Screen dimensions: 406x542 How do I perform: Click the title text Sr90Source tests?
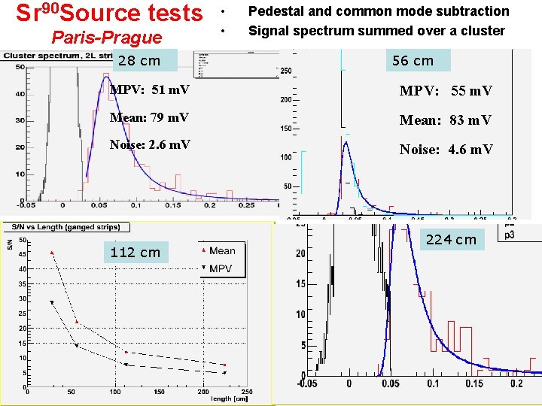[110, 13]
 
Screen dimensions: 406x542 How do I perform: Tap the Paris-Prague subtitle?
[105, 38]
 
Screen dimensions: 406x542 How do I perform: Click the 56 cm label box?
[413, 60]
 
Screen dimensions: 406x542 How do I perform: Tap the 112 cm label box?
[135, 253]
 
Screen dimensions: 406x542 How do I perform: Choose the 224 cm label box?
[451, 240]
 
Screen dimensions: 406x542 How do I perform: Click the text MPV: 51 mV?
[150, 91]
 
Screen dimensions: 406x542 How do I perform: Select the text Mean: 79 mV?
[149, 118]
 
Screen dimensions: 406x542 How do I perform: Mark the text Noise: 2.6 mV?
[150, 144]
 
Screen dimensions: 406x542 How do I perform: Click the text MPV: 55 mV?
[446, 91]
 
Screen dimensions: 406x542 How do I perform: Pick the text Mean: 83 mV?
[445, 120]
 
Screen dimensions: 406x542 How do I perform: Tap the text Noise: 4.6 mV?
[446, 150]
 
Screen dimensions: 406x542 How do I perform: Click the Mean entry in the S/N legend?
[222, 251]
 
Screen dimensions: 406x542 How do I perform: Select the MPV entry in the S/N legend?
[221, 268]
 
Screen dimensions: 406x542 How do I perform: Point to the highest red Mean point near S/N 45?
[52, 253]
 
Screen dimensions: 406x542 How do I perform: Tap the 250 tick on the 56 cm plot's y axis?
[287, 71]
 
